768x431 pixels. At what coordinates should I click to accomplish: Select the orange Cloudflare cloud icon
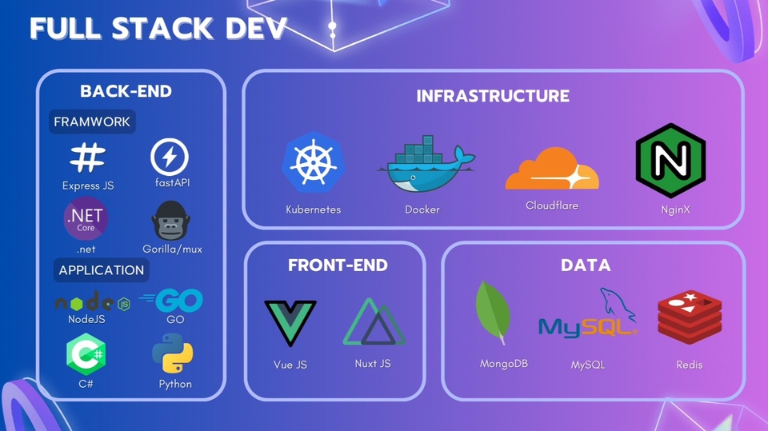click(x=551, y=169)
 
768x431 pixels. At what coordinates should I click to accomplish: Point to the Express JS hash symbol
click(x=87, y=158)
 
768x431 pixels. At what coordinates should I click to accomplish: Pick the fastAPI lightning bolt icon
click(x=170, y=156)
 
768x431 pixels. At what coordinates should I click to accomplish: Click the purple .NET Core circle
click(x=85, y=219)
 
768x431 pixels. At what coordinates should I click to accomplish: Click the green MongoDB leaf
click(x=494, y=313)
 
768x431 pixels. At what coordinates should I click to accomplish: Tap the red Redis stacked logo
click(x=689, y=318)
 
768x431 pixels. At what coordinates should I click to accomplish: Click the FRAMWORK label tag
click(x=91, y=122)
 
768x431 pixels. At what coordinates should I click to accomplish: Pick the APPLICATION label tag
click(x=101, y=269)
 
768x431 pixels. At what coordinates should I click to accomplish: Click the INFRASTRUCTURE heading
click(x=493, y=96)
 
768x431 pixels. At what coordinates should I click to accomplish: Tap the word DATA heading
click(x=586, y=265)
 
